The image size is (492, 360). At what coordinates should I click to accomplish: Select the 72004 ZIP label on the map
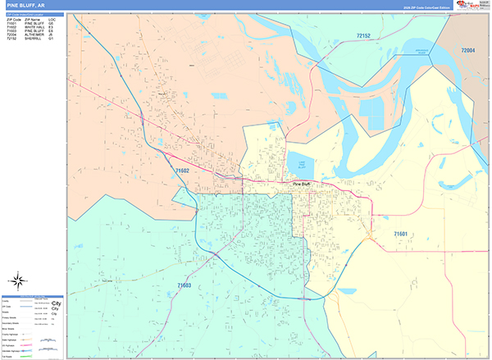pyautogui.click(x=468, y=51)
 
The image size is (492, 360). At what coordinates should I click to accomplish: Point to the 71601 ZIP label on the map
pyautogui.click(x=401, y=234)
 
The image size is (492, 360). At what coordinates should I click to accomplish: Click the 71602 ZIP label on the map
pyautogui.click(x=183, y=171)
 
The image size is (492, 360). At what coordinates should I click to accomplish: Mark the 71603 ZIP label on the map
pyautogui.click(x=184, y=285)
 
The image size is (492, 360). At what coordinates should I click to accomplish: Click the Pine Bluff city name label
pyautogui.click(x=302, y=184)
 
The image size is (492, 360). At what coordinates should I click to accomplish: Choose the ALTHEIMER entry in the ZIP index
pyautogui.click(x=34, y=35)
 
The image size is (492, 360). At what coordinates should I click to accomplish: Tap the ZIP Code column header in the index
pyautogui.click(x=13, y=19)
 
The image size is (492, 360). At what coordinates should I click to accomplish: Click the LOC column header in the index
pyautogui.click(x=52, y=19)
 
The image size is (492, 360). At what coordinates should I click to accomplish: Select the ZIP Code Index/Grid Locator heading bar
pyautogui.click(x=34, y=14)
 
